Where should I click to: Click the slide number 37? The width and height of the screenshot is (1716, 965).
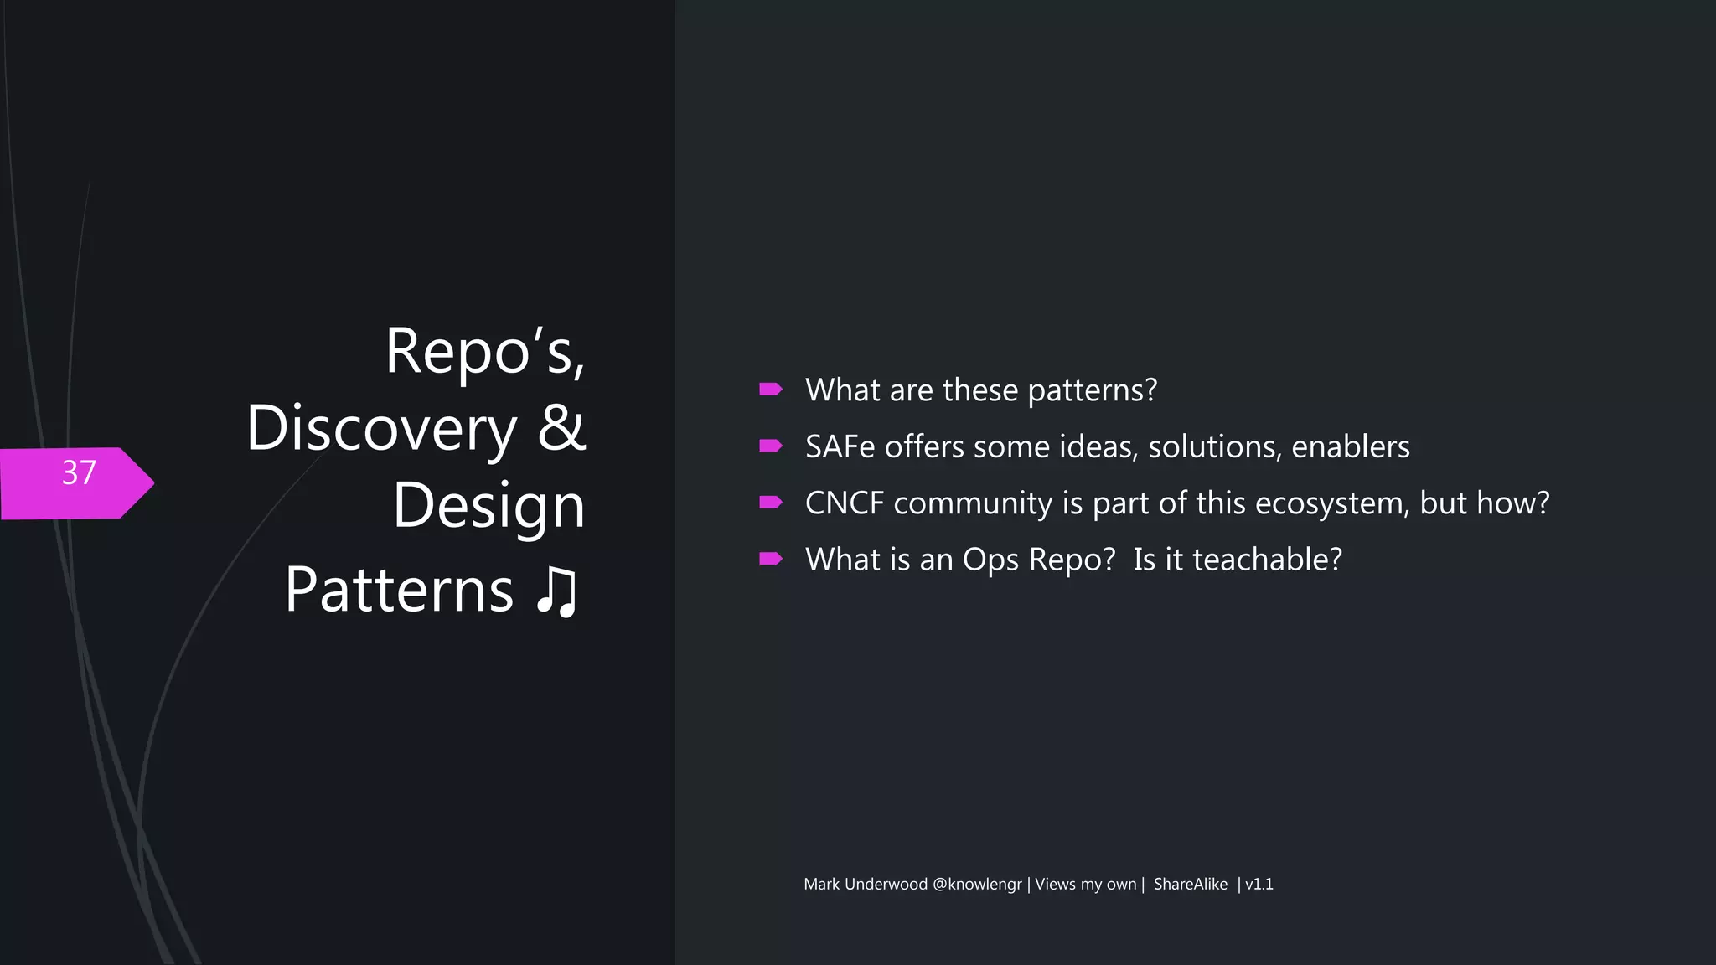(x=79, y=473)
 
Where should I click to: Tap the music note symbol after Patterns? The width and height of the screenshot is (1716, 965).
(x=557, y=591)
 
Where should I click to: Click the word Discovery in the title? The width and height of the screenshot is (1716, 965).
(x=382, y=429)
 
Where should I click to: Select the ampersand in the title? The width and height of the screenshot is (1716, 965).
(x=561, y=427)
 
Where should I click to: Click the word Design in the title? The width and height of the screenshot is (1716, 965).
(x=488, y=506)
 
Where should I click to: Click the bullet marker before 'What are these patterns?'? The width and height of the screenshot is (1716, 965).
(x=770, y=389)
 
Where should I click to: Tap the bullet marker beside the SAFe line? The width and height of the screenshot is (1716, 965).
(x=770, y=446)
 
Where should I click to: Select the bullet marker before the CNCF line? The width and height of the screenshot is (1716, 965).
(x=770, y=502)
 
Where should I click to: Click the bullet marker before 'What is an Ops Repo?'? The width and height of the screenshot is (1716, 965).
(x=770, y=559)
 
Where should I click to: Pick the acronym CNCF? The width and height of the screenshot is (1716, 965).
(x=845, y=503)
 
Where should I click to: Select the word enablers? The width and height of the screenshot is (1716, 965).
(x=1350, y=446)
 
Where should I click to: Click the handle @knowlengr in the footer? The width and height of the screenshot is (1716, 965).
(x=976, y=885)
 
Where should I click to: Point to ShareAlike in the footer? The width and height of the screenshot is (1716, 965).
(x=1190, y=885)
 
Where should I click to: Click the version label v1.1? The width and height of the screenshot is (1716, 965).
(x=1259, y=885)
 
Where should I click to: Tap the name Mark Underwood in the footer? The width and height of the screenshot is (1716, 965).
(x=865, y=885)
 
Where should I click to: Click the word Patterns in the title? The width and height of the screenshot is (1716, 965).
(x=399, y=591)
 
